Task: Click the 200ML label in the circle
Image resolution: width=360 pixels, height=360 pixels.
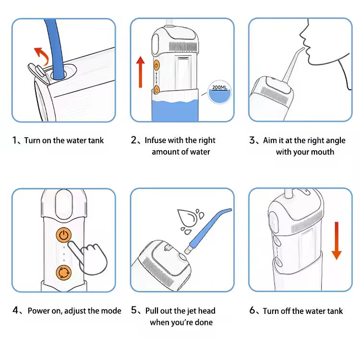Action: (x=219, y=87)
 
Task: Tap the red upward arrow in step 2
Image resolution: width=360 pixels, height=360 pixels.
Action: (x=140, y=72)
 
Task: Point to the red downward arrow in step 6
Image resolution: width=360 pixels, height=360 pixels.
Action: (x=336, y=240)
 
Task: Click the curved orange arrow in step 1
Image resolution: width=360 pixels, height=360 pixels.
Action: (x=43, y=55)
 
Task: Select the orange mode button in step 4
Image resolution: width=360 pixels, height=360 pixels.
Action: (x=63, y=273)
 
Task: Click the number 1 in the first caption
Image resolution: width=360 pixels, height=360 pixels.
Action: (x=15, y=140)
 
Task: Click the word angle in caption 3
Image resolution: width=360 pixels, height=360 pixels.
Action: (x=335, y=141)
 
